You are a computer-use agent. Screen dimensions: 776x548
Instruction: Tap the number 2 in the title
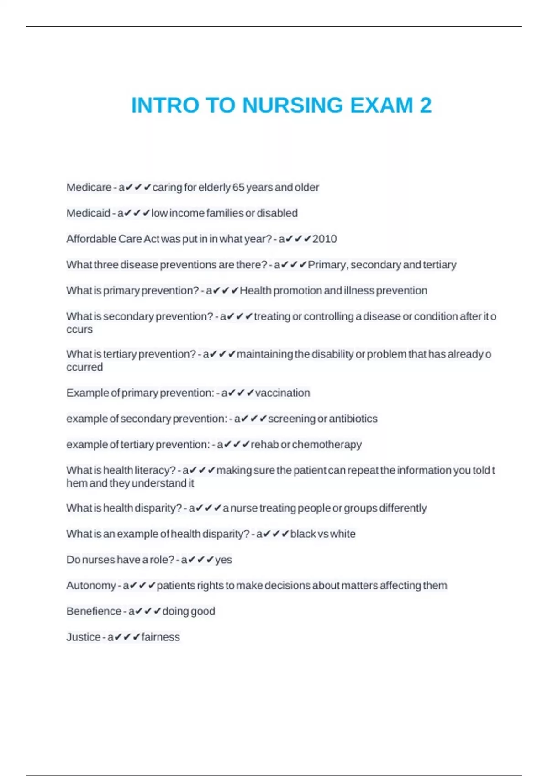426,105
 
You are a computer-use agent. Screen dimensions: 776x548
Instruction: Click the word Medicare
89,187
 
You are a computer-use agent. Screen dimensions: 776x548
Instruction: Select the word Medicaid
88,213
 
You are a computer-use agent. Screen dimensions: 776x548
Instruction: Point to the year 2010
325,239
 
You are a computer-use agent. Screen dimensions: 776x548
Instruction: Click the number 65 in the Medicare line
238,187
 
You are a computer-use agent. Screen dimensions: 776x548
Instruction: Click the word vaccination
283,393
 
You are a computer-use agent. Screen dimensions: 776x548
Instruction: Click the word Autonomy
91,585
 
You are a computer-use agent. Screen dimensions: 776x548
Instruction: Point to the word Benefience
94,611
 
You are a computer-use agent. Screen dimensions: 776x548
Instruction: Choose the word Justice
83,637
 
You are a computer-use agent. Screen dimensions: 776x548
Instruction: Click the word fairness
161,637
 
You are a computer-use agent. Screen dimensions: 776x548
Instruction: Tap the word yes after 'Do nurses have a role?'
224,560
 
